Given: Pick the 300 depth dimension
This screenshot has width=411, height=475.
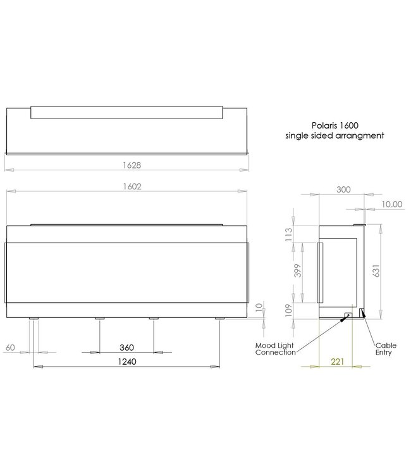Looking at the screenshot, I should click(x=343, y=189).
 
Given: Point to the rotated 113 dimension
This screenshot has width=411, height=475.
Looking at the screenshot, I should click(x=290, y=236).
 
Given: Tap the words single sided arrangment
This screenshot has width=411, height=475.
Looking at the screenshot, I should click(x=334, y=136).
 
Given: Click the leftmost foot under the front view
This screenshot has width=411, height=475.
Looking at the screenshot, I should click(x=34, y=319).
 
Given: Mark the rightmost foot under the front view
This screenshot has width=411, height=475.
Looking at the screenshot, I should click(x=219, y=319).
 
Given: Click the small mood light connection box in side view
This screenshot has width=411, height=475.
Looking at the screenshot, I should click(x=347, y=314).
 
